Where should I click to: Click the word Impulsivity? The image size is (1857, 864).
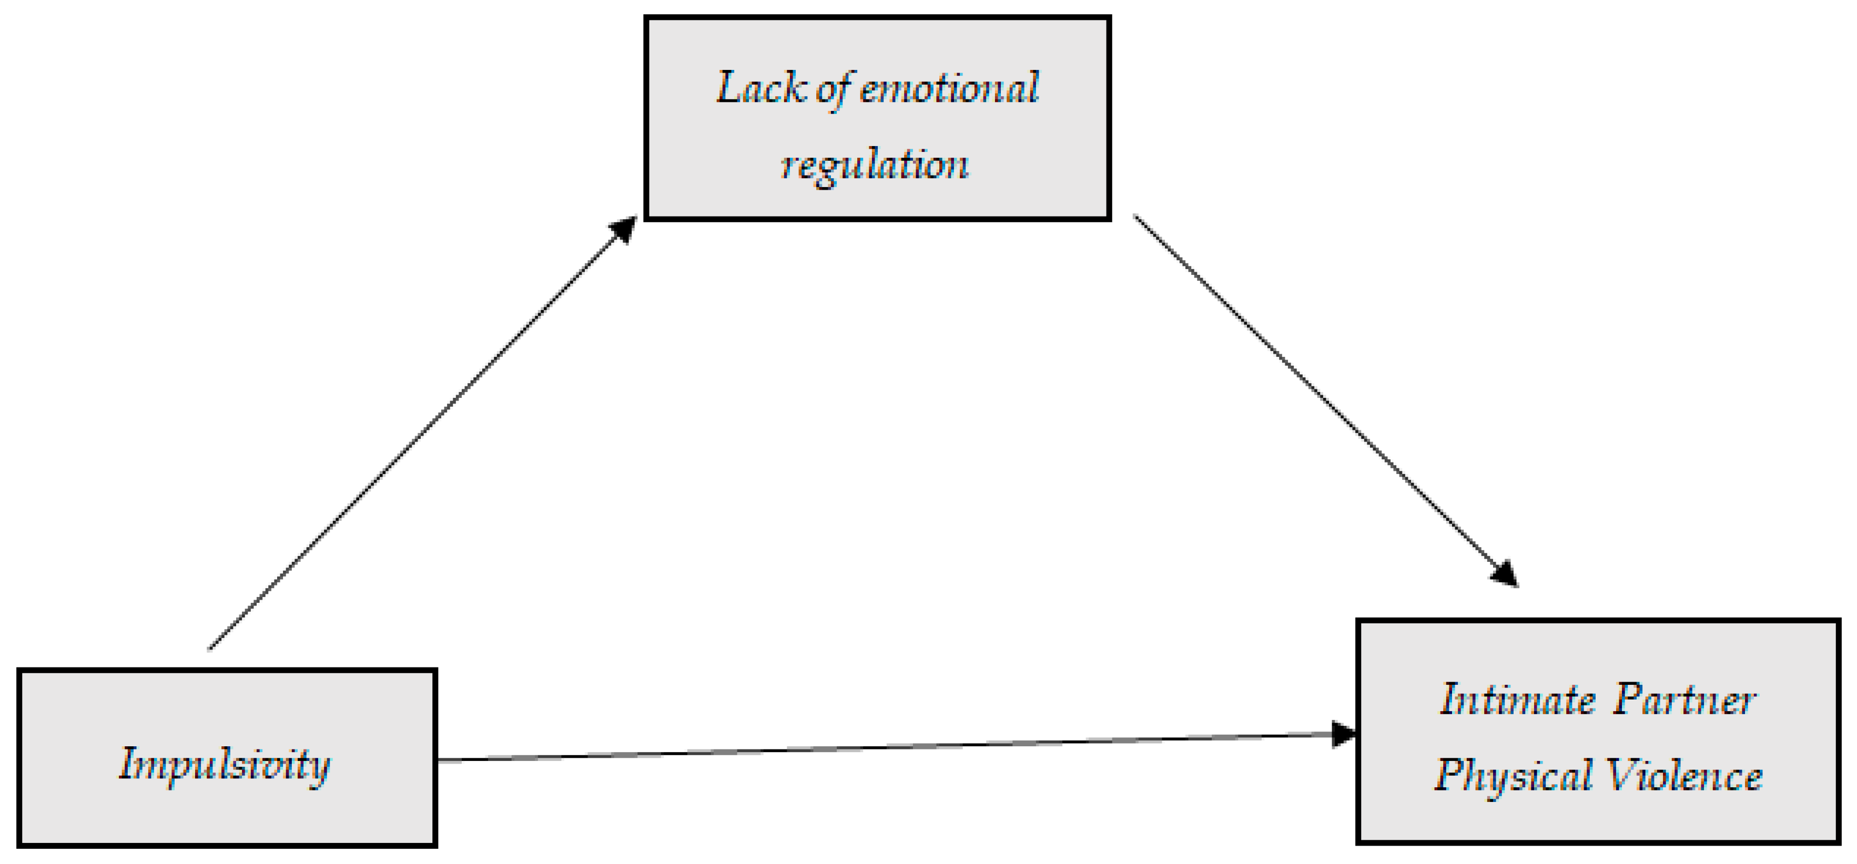pyautogui.click(x=224, y=765)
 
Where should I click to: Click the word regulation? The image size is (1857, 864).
pyautogui.click(x=875, y=165)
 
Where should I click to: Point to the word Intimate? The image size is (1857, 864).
pyautogui.click(x=1517, y=700)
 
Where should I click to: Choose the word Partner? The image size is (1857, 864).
pyautogui.click(x=1685, y=700)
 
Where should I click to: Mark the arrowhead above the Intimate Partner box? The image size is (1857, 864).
pyautogui.click(x=1505, y=574)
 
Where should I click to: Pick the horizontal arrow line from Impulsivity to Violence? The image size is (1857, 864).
pyautogui.click(x=887, y=747)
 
